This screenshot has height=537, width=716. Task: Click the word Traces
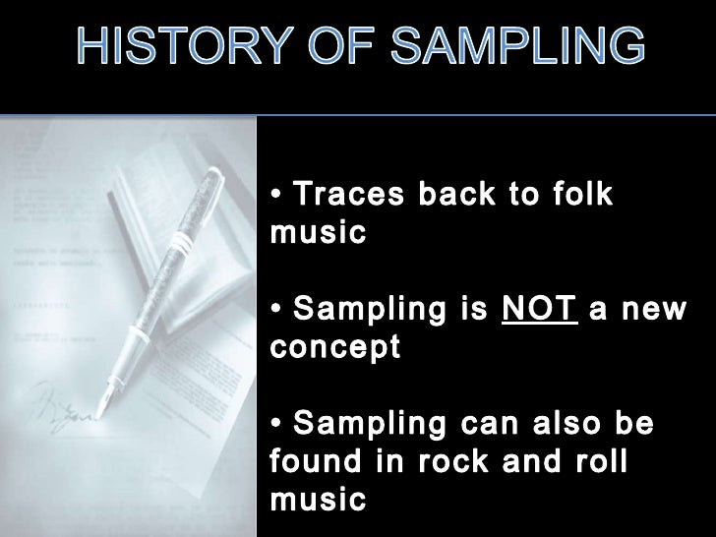point(349,195)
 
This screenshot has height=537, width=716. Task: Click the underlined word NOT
point(538,311)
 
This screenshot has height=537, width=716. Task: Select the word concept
point(333,348)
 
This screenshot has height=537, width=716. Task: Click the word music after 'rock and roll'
point(317,500)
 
